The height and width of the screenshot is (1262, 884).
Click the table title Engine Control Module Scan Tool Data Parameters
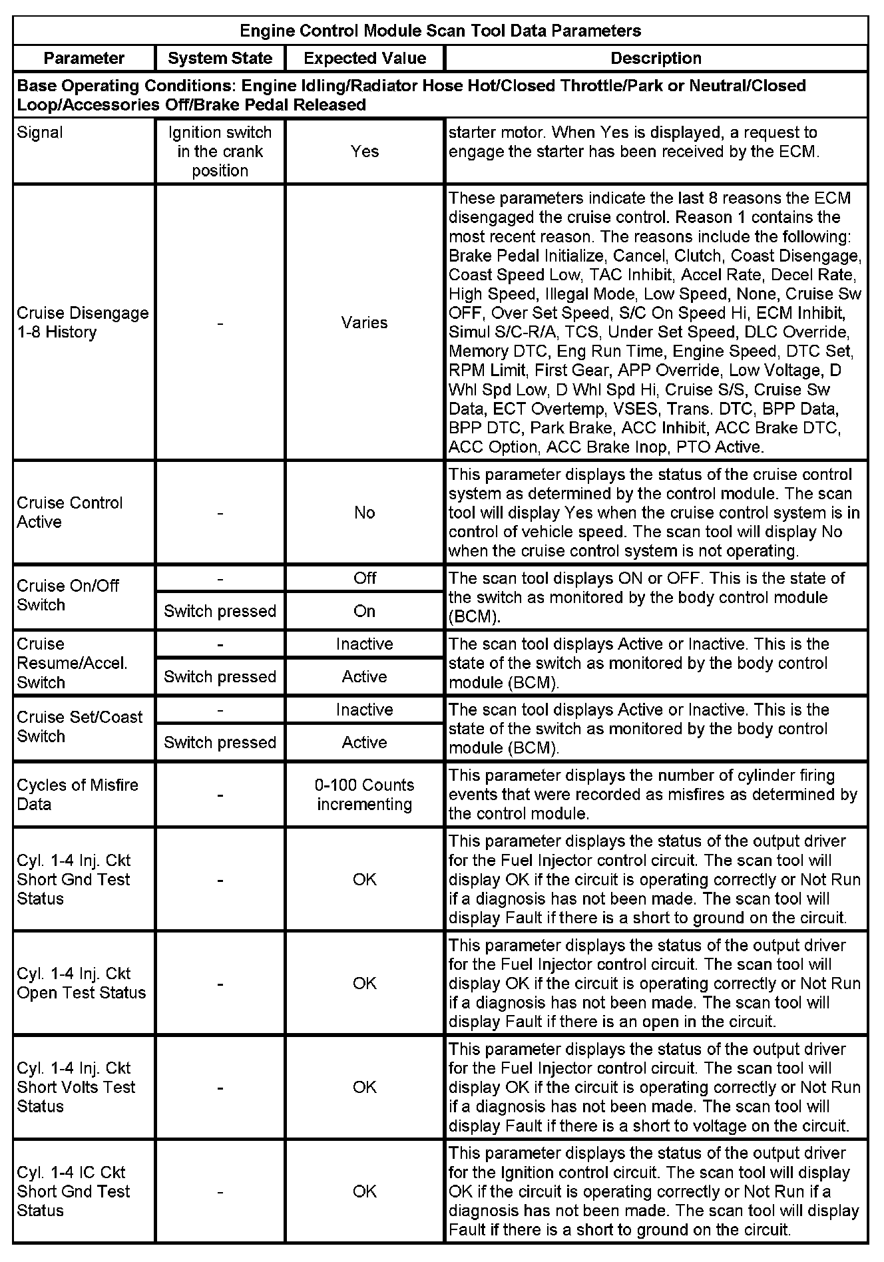440,31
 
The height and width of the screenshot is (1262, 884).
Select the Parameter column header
84,59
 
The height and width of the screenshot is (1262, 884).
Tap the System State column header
220,59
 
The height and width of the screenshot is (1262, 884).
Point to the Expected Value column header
365,59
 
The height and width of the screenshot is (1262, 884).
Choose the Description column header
656,59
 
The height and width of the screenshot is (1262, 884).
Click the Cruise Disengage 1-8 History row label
83,322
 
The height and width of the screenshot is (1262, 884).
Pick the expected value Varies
365,323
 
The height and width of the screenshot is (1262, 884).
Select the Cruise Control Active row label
70,513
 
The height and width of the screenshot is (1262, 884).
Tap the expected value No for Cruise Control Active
365,513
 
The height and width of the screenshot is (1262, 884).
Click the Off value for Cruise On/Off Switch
365,578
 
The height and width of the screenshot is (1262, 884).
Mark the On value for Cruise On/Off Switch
365,611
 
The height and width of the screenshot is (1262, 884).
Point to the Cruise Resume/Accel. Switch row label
72,663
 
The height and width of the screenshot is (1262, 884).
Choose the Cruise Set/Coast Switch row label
79,727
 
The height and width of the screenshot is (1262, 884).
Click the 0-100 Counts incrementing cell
365,795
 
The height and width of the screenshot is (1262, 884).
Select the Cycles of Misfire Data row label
77,795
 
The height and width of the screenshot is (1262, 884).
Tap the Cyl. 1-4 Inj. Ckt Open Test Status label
81,983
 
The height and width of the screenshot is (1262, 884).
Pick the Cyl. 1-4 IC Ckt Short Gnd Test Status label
73,1191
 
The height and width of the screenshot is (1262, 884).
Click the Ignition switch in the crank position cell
220,151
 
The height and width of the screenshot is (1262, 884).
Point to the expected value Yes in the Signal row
365,151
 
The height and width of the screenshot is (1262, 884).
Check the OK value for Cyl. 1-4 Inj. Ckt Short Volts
365,1087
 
